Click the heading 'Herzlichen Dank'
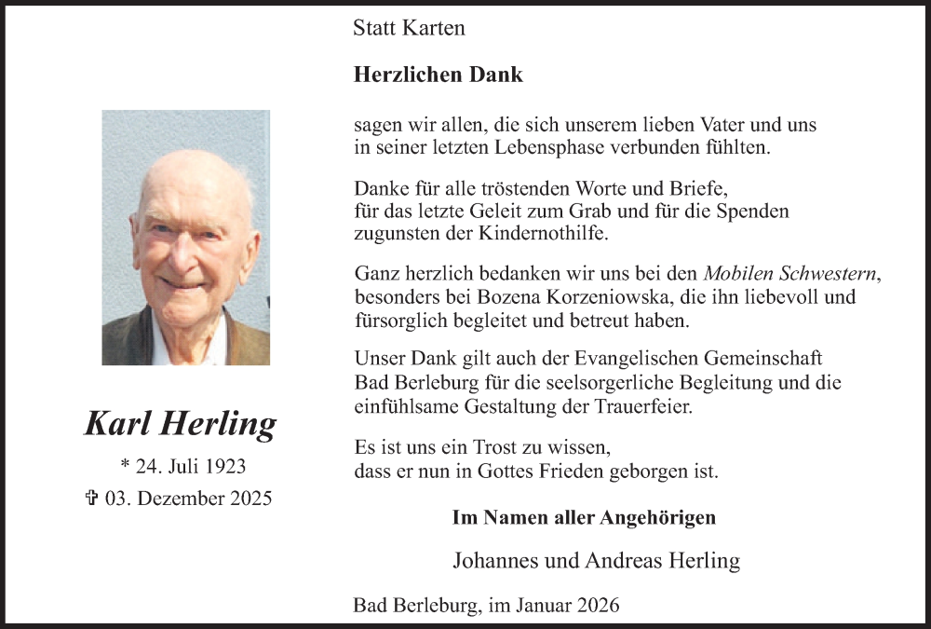(439, 75)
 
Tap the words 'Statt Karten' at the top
(409, 28)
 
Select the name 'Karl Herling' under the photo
(181, 423)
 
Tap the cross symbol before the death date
(91, 498)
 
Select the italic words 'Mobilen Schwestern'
(791, 274)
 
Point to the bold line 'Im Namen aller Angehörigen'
(584, 518)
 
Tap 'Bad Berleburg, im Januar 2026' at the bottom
(487, 606)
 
